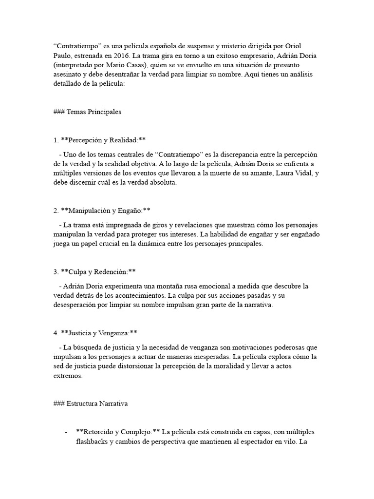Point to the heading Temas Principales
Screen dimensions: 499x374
[94, 112]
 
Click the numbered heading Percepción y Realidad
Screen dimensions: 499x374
[103, 140]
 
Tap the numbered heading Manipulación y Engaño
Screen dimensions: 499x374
[106, 211]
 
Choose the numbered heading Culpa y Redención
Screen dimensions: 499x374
[98, 271]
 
